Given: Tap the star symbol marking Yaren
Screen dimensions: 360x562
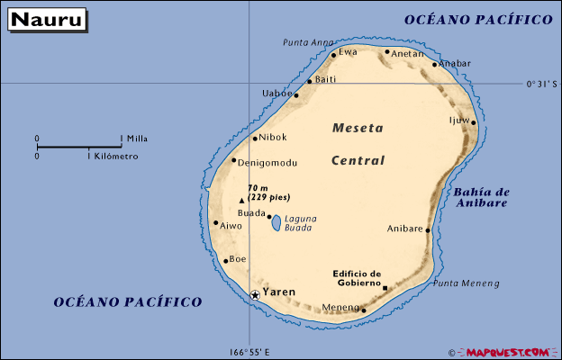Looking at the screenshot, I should click(x=255, y=294).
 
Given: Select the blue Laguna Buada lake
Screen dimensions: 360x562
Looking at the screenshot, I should click(x=276, y=222).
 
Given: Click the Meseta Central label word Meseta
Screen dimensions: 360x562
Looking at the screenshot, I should click(x=358, y=128).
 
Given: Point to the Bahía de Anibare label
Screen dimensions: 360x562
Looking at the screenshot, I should click(x=482, y=197).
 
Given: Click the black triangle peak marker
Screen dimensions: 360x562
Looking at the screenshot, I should click(x=241, y=201).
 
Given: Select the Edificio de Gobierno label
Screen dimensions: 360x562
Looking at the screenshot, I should click(x=357, y=278).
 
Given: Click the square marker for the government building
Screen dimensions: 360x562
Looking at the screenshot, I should click(x=385, y=289).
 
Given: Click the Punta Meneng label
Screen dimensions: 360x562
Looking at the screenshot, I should click(x=466, y=283).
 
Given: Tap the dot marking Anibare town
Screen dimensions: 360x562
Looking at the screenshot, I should click(x=428, y=230).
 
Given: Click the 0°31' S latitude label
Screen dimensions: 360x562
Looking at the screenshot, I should click(x=543, y=85).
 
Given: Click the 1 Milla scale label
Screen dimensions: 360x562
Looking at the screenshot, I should click(x=135, y=139).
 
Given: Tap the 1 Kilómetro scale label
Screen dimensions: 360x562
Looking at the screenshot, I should click(x=113, y=156).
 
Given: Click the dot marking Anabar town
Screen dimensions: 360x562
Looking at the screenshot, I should click(x=434, y=65).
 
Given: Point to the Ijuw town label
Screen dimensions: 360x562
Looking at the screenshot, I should click(x=459, y=119).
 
